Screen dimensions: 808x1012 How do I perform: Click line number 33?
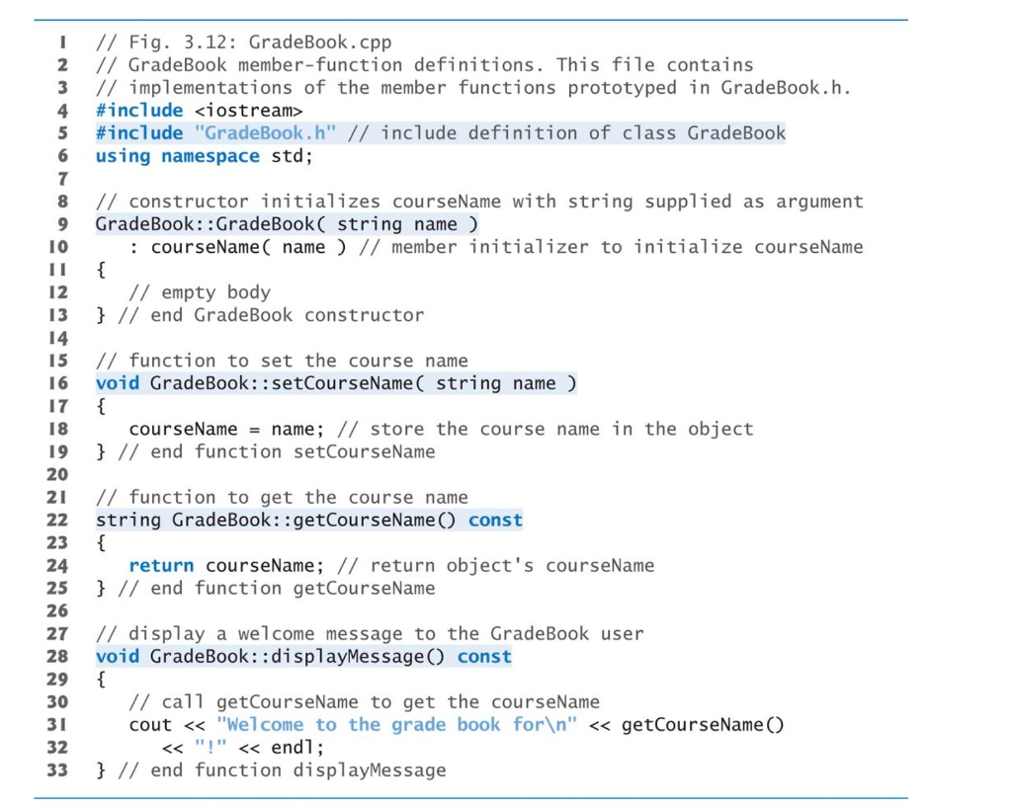click(x=57, y=770)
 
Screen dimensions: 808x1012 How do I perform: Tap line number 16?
click(x=57, y=383)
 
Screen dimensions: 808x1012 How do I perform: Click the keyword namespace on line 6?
click(x=211, y=156)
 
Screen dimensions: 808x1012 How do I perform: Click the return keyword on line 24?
click(x=161, y=566)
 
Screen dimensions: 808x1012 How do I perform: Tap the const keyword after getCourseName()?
click(x=495, y=521)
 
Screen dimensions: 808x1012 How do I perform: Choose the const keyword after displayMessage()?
click(x=484, y=657)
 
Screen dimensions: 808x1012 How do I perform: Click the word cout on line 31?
click(x=150, y=725)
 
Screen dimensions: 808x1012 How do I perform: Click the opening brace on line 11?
click(x=100, y=270)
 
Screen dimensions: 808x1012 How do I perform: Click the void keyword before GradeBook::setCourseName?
click(x=117, y=383)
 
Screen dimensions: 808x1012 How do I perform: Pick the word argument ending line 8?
click(x=819, y=202)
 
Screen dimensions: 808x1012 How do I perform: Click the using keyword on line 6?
click(x=123, y=156)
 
